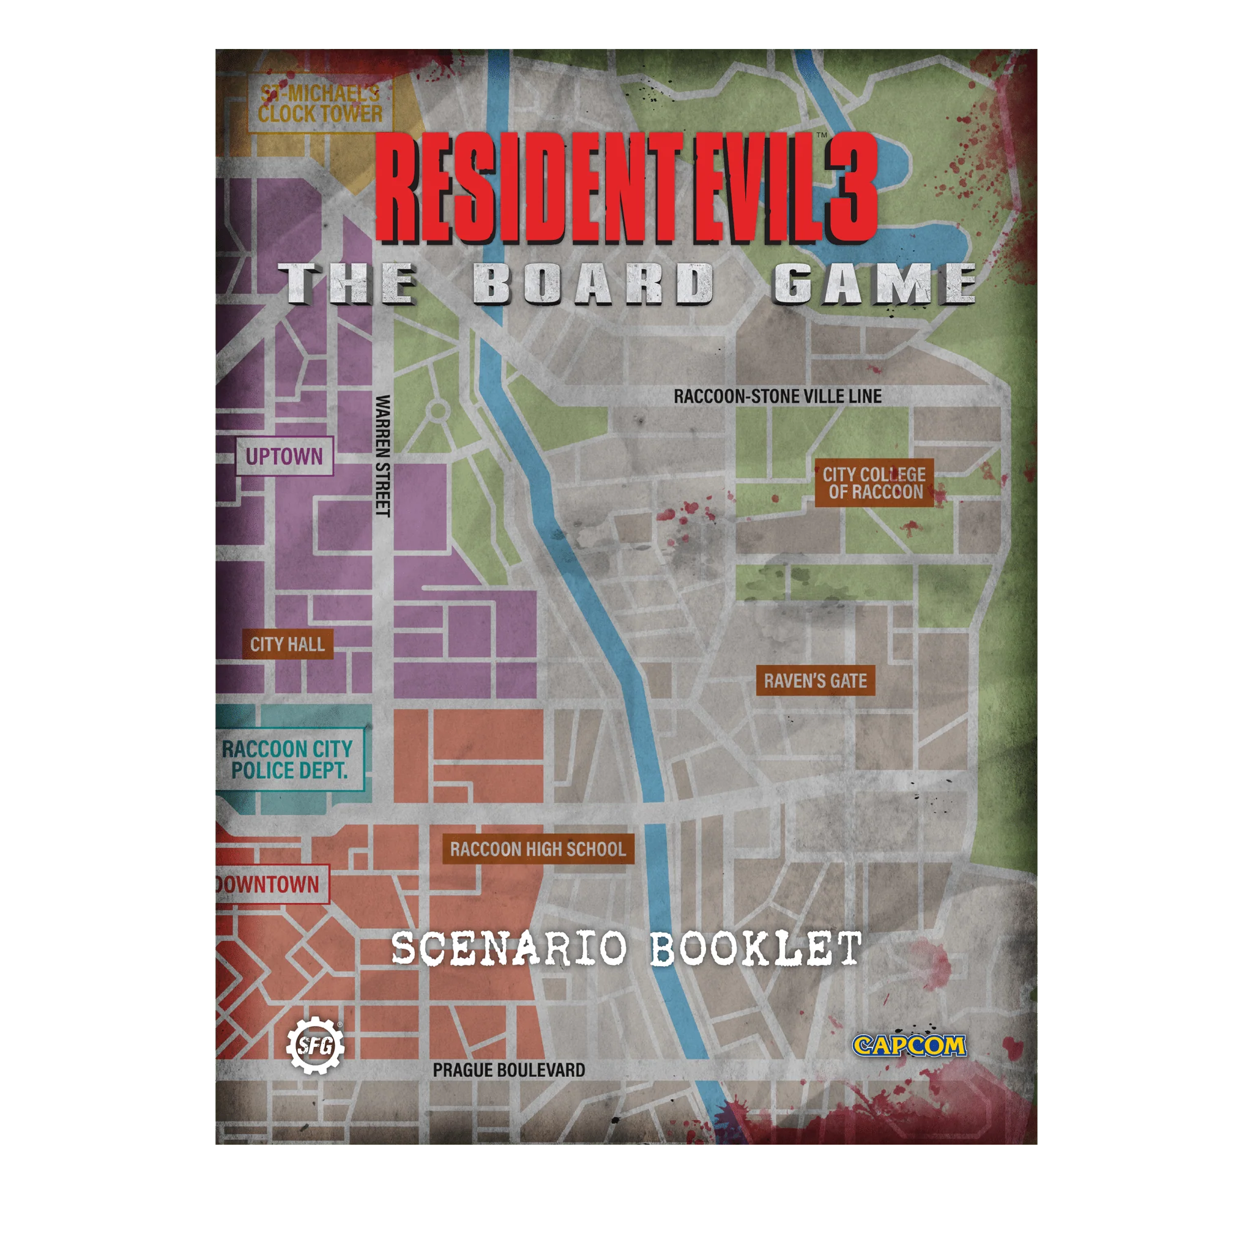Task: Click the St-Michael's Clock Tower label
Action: [321, 104]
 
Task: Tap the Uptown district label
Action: [284, 456]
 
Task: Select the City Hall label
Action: [288, 644]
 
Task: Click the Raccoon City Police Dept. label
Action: [288, 760]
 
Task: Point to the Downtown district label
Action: [270, 884]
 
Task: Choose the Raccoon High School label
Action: [538, 849]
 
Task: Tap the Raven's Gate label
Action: [815, 680]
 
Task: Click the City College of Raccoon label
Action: [874, 483]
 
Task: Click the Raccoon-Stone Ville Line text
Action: [777, 396]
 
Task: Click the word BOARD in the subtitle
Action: [593, 284]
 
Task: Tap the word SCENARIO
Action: [510, 949]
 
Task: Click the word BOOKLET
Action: [756, 949]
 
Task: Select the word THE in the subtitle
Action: [349, 284]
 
